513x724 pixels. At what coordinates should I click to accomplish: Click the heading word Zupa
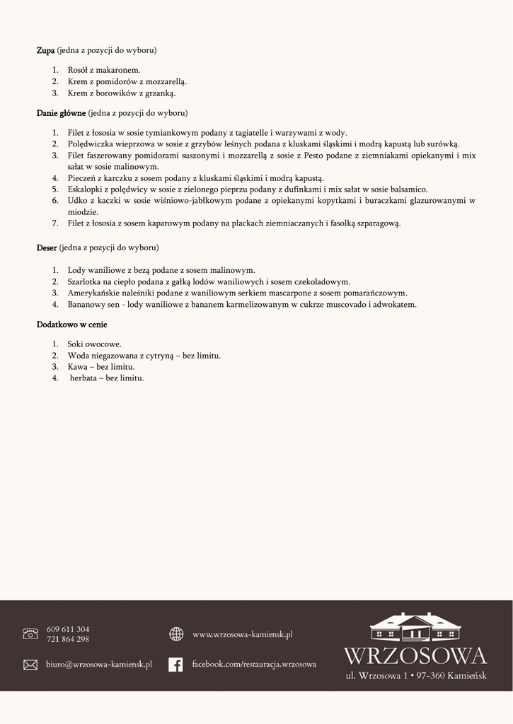(45, 51)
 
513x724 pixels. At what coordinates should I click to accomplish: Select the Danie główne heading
(61, 113)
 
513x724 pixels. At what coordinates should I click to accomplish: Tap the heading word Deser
(47, 248)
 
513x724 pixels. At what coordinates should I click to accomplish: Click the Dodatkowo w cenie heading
(71, 325)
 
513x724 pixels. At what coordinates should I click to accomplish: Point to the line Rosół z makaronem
(104, 70)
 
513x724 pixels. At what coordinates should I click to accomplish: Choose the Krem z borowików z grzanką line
(121, 93)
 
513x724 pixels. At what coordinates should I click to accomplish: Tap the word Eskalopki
(86, 189)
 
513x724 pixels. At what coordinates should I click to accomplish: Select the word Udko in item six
(77, 201)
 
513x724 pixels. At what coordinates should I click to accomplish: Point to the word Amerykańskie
(94, 293)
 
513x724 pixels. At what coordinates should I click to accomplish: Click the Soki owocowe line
(94, 344)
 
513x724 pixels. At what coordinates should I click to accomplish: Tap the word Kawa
(77, 367)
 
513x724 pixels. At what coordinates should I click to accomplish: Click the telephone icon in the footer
(30, 633)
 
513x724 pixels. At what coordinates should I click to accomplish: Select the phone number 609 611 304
(68, 629)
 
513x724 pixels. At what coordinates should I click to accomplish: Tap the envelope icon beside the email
(30, 665)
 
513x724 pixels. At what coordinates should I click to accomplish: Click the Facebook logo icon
(175, 665)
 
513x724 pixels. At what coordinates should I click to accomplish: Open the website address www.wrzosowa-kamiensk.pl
(242, 635)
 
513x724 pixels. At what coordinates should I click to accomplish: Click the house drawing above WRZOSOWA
(415, 627)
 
